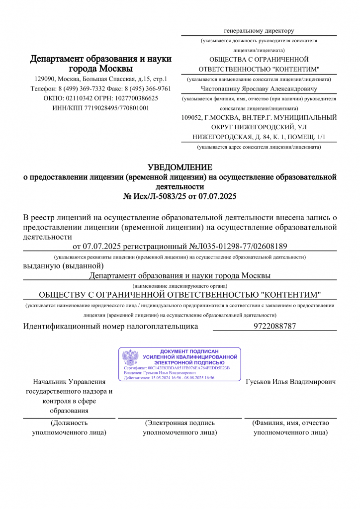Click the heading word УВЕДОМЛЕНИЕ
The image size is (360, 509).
pos(180,167)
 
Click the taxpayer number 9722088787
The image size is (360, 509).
pos(274,327)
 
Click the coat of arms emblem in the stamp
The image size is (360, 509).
pos(130,358)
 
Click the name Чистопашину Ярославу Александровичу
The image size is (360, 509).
pos(259,88)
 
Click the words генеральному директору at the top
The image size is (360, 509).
pos(259,31)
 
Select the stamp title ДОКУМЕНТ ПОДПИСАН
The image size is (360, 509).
pos(189,351)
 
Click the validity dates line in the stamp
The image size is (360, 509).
pos(169,378)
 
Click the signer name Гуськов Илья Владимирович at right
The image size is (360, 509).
pos(290,382)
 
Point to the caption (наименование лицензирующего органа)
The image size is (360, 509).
pos(180,286)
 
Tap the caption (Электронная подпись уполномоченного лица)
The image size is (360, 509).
pos(180,427)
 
